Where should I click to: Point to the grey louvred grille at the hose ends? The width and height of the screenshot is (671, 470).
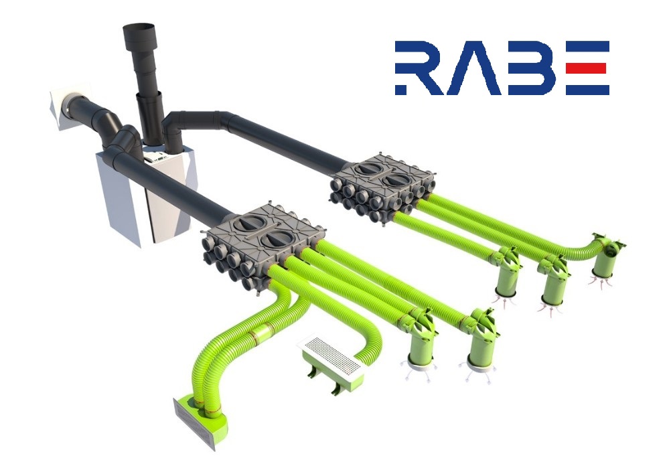pos(195,422)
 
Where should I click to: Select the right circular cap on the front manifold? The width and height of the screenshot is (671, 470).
pos(277,240)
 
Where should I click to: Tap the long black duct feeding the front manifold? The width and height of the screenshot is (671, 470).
pos(188,194)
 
